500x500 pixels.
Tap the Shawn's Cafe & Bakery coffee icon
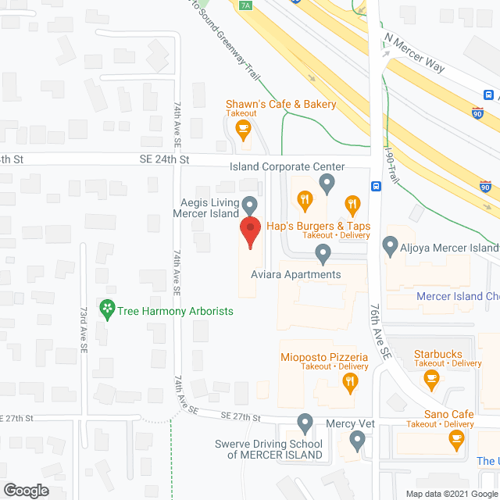pyautogui.click(x=243, y=128)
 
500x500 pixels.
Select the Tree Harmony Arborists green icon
pyautogui.click(x=106, y=310)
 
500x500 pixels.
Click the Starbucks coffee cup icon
pyautogui.click(x=430, y=379)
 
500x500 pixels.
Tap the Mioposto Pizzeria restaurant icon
pyautogui.click(x=351, y=381)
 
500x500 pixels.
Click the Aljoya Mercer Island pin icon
pyautogui.click(x=391, y=248)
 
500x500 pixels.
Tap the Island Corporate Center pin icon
pyautogui.click(x=327, y=184)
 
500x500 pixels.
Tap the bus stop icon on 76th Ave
pyautogui.click(x=377, y=187)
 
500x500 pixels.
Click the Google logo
pyautogui.click(x=25, y=491)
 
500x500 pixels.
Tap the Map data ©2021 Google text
pyautogui.click(x=450, y=494)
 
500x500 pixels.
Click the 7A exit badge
pyautogui.click(x=246, y=5)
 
